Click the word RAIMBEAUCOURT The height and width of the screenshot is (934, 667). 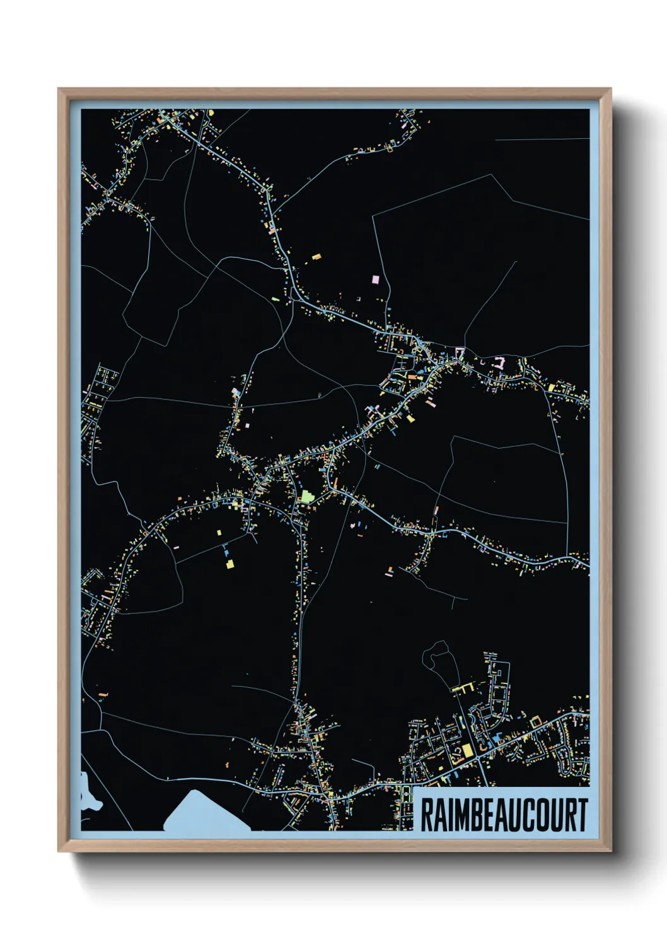503,815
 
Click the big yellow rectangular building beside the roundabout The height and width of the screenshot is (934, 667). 467,750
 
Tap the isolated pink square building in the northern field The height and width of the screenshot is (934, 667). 376,279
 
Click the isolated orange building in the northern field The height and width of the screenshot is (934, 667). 316,257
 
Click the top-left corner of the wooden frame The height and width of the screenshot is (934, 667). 59,89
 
